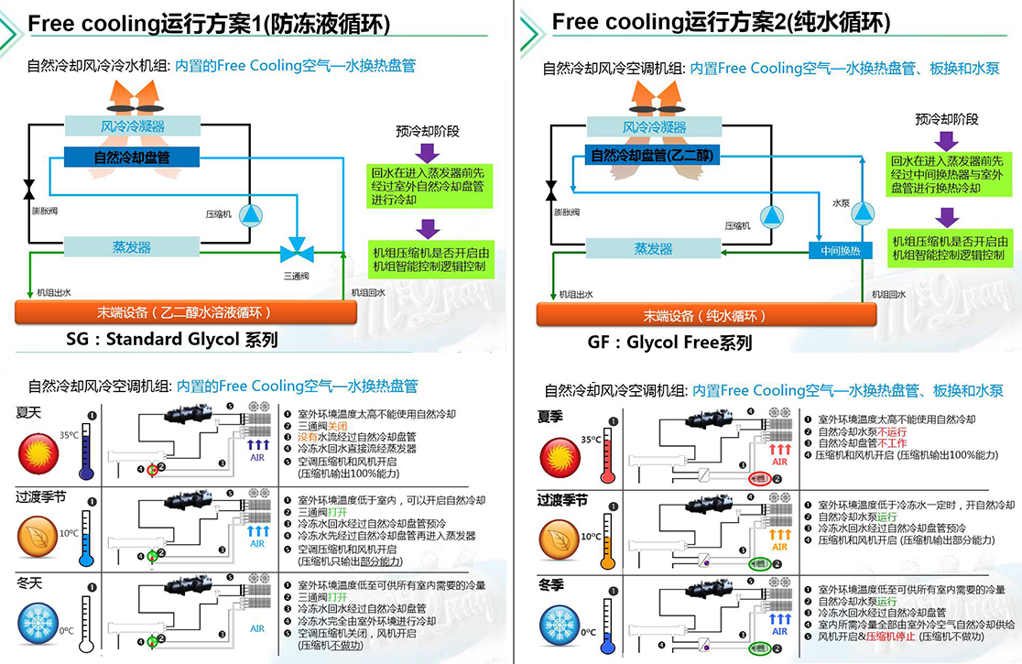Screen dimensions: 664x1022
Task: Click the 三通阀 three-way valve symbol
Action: (297, 249)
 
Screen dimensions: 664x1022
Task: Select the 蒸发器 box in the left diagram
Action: (132, 247)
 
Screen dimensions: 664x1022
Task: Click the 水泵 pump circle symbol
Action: (862, 214)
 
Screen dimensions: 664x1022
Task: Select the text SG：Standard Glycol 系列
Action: (171, 340)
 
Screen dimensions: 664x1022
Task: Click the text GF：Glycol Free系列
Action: (669, 343)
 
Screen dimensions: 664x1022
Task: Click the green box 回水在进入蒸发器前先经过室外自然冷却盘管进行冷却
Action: (429, 185)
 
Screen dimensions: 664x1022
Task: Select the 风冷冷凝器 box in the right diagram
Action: (655, 127)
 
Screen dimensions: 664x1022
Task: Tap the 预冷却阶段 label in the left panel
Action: (428, 131)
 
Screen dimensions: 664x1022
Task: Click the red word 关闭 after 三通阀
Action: (338, 426)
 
